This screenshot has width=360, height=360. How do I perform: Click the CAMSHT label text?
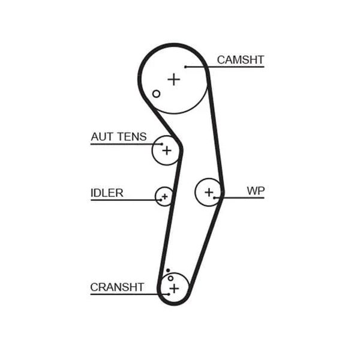(241, 60)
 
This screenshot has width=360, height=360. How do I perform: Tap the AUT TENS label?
(119, 137)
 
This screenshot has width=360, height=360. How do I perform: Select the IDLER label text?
(107, 193)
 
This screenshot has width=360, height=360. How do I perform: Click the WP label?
(256, 191)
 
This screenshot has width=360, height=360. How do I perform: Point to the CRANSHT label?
(117, 287)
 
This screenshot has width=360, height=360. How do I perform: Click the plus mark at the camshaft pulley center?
(174, 79)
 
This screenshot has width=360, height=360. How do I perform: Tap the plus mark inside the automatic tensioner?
(167, 151)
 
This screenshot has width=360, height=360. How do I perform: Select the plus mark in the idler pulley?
(164, 197)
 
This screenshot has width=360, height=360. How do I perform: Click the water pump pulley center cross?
(209, 192)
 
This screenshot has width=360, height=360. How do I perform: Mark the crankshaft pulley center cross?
(174, 289)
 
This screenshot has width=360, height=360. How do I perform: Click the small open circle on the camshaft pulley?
(157, 94)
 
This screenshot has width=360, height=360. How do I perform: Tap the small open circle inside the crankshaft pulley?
(170, 278)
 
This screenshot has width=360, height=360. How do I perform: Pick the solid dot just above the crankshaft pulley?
(168, 270)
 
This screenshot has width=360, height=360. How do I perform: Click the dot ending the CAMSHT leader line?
(185, 67)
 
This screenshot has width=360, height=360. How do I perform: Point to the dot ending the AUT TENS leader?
(162, 144)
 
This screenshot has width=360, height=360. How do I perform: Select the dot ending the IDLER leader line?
(161, 200)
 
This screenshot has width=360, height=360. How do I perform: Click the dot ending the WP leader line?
(214, 197)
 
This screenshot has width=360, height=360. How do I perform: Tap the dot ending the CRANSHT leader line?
(169, 294)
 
